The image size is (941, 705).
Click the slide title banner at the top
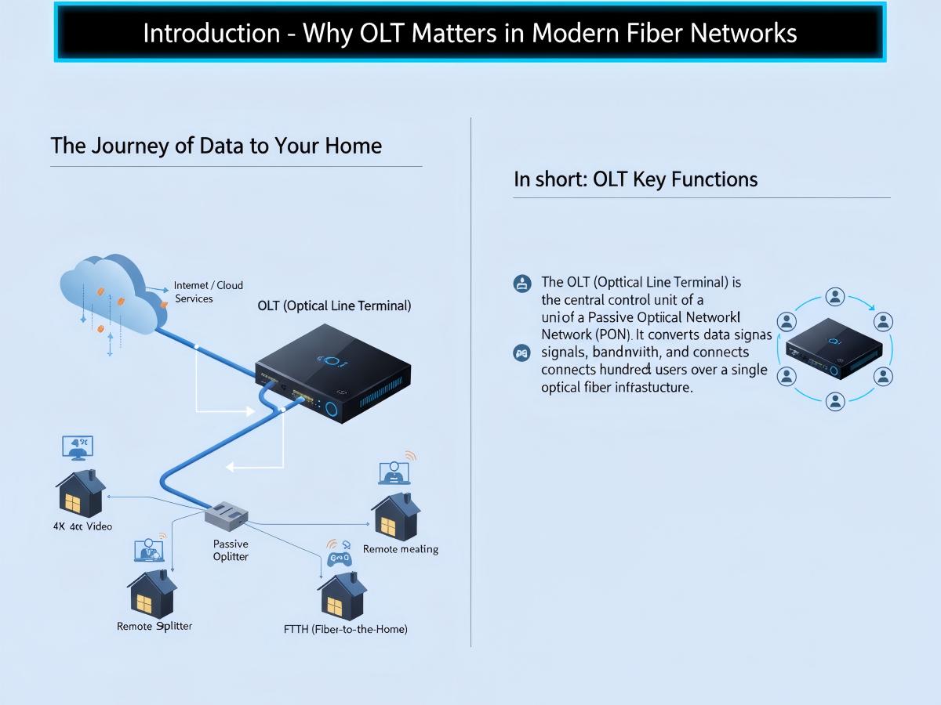470,33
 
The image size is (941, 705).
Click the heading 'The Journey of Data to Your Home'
216,146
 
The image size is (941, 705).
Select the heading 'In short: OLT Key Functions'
635,179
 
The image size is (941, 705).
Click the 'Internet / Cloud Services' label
208,292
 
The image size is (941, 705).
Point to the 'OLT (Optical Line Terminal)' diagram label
334,306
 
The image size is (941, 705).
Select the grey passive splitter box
227,514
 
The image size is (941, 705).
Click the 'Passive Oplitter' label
231,550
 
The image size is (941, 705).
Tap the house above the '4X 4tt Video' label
80,493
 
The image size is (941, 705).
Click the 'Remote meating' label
400,549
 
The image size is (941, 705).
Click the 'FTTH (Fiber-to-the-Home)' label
345,629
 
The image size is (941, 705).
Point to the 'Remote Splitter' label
154,626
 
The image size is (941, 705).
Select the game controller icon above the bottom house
340,558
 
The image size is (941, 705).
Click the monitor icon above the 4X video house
78,447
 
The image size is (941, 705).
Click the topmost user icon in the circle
835,297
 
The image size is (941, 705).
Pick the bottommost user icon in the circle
835,402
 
